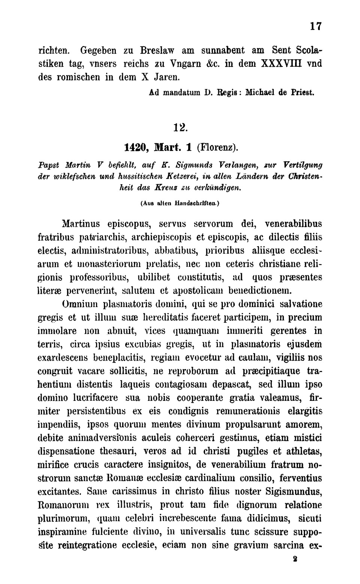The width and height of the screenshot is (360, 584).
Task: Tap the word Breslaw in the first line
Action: (x=158, y=50)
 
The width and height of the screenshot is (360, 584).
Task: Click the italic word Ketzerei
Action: (x=184, y=175)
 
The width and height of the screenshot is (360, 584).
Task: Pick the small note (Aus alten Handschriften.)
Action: (x=180, y=203)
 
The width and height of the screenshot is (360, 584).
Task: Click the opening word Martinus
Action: (x=81, y=224)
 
